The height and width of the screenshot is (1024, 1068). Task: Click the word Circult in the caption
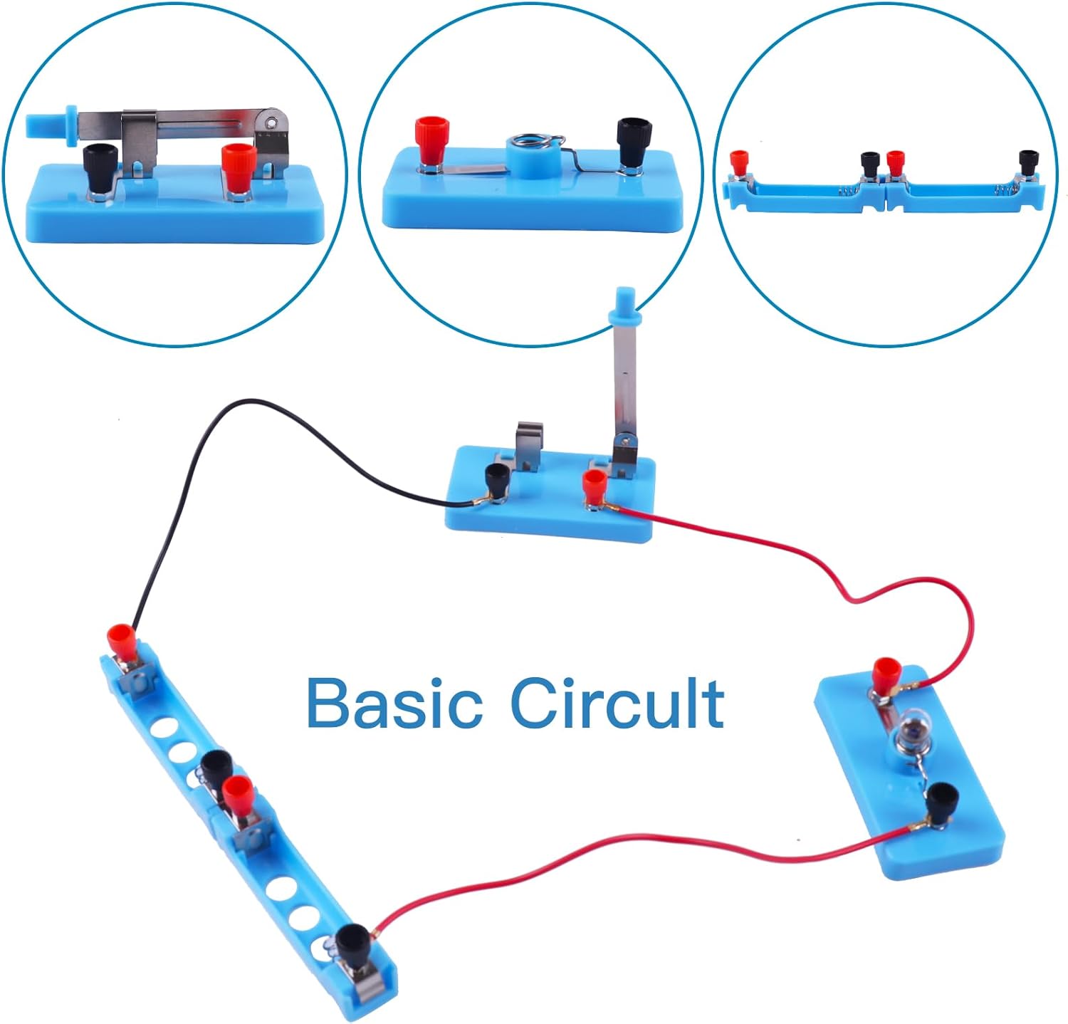click(x=617, y=703)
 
